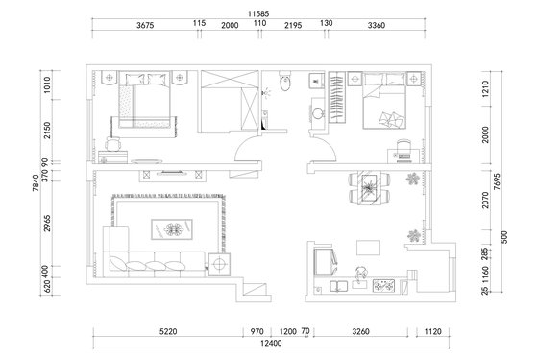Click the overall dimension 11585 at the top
click(258, 14)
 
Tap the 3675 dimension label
click(145, 25)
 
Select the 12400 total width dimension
click(271, 344)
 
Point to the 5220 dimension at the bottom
click(168, 331)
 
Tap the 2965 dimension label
click(47, 223)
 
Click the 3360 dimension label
click(377, 25)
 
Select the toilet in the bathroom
click(284, 82)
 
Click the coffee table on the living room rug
click(172, 229)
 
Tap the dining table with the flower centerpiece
click(369, 188)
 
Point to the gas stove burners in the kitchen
click(383, 286)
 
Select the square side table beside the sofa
click(219, 264)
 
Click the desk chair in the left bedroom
click(113, 143)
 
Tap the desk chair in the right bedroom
click(403, 145)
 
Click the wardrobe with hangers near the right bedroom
click(337, 97)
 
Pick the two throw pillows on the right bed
click(392, 119)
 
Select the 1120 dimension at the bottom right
click(432, 331)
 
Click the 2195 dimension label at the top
click(293, 25)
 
